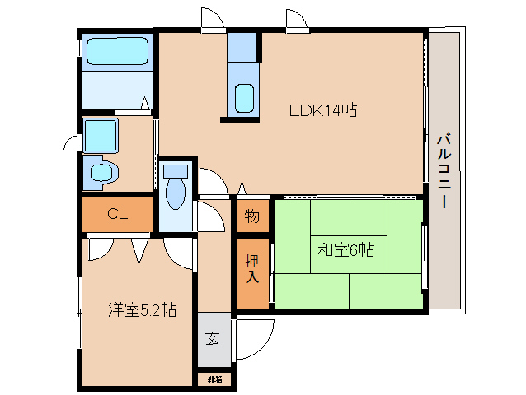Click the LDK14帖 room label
tap(322, 110)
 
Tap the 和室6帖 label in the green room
tap(346, 249)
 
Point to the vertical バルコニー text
tap(443, 170)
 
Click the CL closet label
tap(117, 215)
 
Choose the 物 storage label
tap(252, 218)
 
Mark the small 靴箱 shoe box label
tap(214, 379)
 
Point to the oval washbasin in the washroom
tap(103, 173)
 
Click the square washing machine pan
tap(101, 134)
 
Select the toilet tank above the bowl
tap(176, 171)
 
